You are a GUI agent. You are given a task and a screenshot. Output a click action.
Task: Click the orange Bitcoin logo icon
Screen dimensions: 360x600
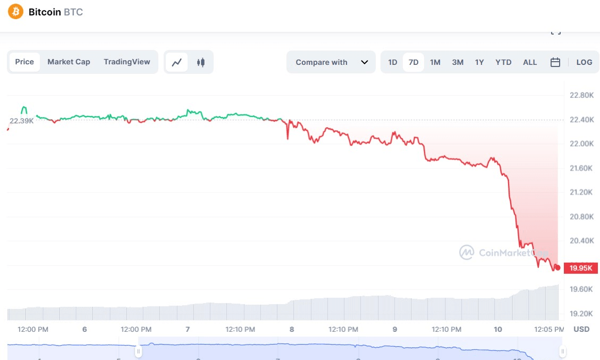coord(15,12)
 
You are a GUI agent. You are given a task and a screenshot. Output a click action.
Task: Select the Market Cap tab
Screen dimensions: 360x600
coord(69,62)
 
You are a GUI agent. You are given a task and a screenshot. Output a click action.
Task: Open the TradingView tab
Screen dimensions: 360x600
coord(126,62)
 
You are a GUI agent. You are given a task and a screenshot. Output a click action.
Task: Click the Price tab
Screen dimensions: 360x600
coord(24,62)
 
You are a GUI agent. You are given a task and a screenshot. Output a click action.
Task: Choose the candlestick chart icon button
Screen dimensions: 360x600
coord(200,62)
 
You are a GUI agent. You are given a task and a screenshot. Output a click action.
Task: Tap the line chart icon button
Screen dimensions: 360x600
coord(176,62)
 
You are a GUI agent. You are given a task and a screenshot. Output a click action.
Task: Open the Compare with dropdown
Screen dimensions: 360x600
coord(331,62)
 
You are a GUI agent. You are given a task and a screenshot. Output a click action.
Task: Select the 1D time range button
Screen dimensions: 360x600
coord(392,62)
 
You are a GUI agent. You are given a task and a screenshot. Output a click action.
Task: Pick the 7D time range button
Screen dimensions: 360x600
coord(413,62)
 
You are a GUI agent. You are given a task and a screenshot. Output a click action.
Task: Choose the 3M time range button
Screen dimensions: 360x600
coord(458,62)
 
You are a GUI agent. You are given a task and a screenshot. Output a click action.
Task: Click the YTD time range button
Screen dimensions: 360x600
coord(503,62)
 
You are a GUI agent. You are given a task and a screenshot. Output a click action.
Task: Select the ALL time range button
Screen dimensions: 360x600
coord(530,62)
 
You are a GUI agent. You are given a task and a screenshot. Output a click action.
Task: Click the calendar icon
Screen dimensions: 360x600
coord(555,62)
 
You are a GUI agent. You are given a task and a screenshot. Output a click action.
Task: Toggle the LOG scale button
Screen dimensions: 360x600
coord(584,62)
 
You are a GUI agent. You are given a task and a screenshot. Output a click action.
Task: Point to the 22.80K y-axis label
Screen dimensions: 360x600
coord(581,96)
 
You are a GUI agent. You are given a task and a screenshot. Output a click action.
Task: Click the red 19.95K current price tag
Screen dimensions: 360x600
coord(580,268)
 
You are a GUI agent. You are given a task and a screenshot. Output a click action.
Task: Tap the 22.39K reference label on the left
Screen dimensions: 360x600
coord(21,121)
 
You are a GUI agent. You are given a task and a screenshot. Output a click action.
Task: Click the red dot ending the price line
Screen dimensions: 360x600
coord(557,267)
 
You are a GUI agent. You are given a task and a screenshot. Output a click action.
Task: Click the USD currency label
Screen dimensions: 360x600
coord(581,329)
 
